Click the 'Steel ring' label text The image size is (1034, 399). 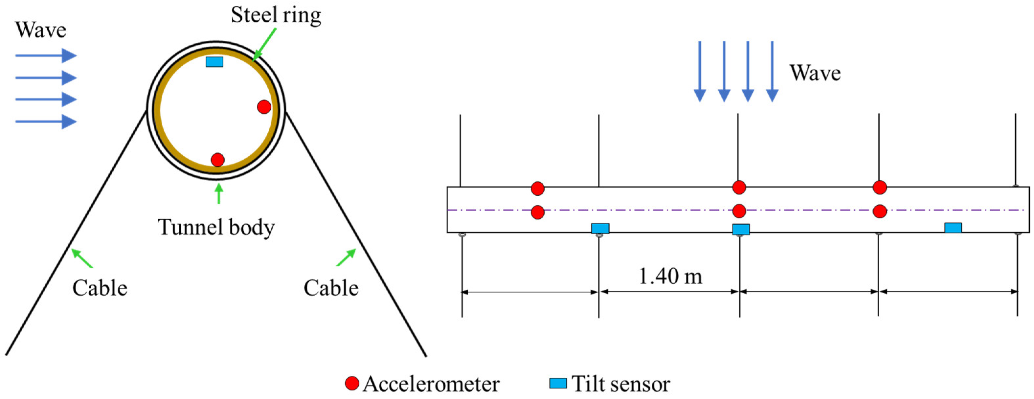[276, 15]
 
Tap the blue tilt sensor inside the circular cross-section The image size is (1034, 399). [214, 62]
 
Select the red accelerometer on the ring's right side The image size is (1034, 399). [264, 107]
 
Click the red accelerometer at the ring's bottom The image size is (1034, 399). [217, 160]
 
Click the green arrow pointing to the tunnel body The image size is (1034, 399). [219, 193]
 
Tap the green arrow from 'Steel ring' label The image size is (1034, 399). [265, 44]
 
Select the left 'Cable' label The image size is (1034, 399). [100, 288]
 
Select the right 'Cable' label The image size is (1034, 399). [331, 288]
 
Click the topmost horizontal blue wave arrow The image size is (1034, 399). [45, 55]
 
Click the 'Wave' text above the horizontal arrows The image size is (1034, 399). [40, 30]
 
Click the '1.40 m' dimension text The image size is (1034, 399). [670, 276]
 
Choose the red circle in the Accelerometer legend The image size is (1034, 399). [352, 383]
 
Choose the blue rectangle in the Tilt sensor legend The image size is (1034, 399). [558, 383]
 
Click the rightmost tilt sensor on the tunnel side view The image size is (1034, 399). [953, 228]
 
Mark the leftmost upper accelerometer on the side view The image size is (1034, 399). [537, 188]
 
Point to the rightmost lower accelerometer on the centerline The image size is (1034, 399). [880, 211]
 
